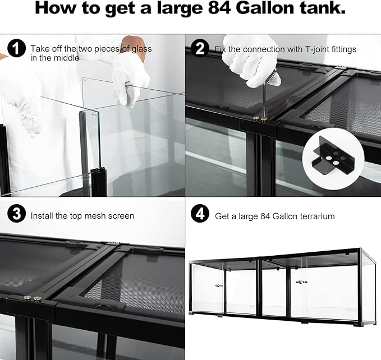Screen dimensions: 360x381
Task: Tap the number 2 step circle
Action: coord(199,49)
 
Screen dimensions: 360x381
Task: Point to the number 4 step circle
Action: coord(199,215)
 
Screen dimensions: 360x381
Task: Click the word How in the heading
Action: coord(58,10)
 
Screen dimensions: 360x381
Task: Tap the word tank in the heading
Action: coord(324,10)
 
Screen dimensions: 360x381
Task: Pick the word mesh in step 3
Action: coord(87,215)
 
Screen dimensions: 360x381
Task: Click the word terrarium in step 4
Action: coord(316,216)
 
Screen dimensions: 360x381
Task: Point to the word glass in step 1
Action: coord(140,49)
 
